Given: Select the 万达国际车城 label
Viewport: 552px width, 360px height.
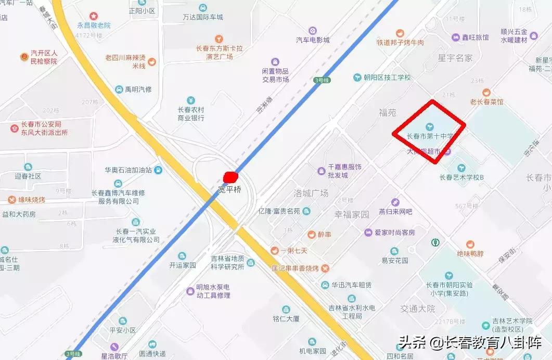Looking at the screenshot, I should (x=202, y=17).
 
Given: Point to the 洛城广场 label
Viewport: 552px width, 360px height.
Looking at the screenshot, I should (x=311, y=193).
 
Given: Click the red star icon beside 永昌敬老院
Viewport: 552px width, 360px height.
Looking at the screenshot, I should (x=94, y=17).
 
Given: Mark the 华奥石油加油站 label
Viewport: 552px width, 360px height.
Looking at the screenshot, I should (x=128, y=170).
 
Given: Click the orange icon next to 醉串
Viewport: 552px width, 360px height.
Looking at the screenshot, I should (x=311, y=234).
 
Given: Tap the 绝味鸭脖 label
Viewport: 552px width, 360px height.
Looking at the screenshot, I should (x=470, y=254).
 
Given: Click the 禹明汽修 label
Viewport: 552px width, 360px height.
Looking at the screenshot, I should (x=138, y=89).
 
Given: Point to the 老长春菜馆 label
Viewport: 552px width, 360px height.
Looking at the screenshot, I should (x=486, y=102).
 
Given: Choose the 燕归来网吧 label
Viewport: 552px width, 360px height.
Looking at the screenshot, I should (x=395, y=211).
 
